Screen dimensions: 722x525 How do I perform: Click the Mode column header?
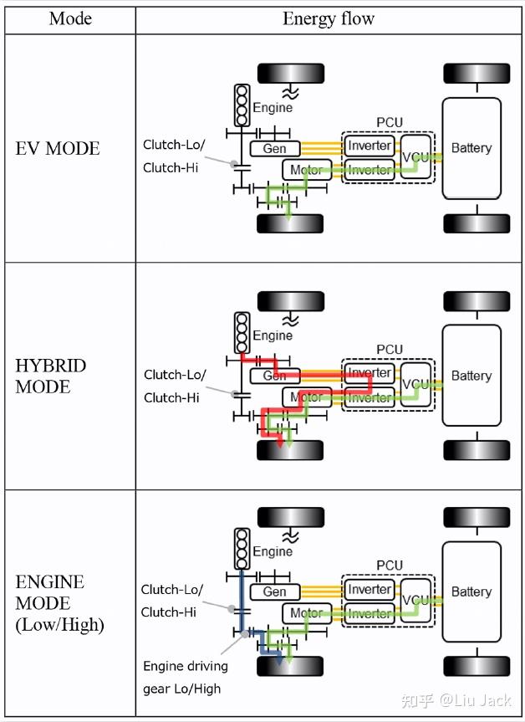coord(70,18)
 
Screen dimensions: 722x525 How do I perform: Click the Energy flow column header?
coord(329,18)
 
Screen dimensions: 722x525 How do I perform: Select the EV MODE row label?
coord(58,149)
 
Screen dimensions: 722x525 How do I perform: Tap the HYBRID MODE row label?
coord(51,376)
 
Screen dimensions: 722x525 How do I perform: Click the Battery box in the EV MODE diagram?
coord(471,148)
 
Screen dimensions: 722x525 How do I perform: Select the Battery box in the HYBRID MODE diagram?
coord(471,376)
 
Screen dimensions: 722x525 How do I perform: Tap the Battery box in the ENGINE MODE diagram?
coord(471,591)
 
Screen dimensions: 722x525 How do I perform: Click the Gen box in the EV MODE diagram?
coord(274,148)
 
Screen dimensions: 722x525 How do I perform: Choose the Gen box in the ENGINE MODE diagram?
coord(274,591)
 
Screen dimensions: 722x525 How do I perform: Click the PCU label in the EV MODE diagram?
coord(390,122)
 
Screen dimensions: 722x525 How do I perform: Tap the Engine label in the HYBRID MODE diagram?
coord(273,335)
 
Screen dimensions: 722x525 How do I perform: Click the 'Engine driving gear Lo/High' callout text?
coord(186,677)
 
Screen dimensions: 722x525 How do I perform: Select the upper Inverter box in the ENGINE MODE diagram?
coord(370,590)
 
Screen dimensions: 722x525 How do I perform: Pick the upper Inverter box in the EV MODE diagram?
coord(370,146)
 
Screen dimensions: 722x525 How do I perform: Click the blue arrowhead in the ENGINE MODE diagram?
coord(280,660)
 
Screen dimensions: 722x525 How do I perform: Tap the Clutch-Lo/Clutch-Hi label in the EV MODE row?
coord(174,156)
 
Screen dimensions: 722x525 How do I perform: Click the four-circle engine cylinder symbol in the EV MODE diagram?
coord(242,105)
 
